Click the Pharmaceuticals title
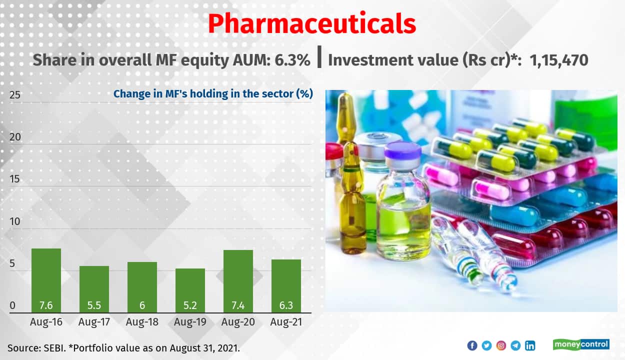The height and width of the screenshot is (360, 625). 312,23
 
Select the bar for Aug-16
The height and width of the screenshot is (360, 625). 46,280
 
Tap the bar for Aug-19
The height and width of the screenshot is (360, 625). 190,290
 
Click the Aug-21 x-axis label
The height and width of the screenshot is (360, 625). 286,322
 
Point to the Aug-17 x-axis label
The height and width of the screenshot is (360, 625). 94,322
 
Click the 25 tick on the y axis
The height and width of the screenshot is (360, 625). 15,94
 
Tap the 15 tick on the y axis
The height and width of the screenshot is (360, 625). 15,179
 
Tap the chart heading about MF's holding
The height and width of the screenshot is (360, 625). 213,93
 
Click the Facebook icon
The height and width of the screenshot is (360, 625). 472,345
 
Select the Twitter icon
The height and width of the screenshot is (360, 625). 486,345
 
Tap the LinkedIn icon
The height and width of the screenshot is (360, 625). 530,345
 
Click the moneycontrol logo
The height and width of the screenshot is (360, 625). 581,344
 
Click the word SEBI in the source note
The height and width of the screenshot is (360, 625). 50,347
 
